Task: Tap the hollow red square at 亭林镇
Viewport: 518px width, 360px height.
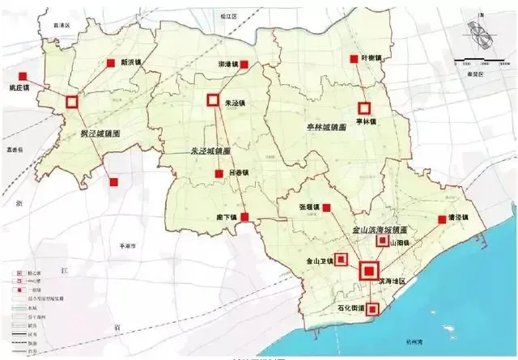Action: point(365,107)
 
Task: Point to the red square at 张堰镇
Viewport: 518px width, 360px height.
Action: point(327,208)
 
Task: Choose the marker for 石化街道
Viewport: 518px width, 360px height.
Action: point(372,308)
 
